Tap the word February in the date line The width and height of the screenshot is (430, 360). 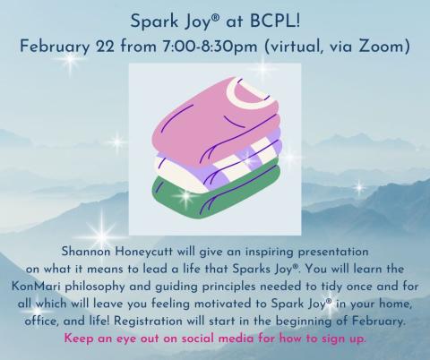point(63,42)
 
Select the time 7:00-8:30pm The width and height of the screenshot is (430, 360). point(212,42)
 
